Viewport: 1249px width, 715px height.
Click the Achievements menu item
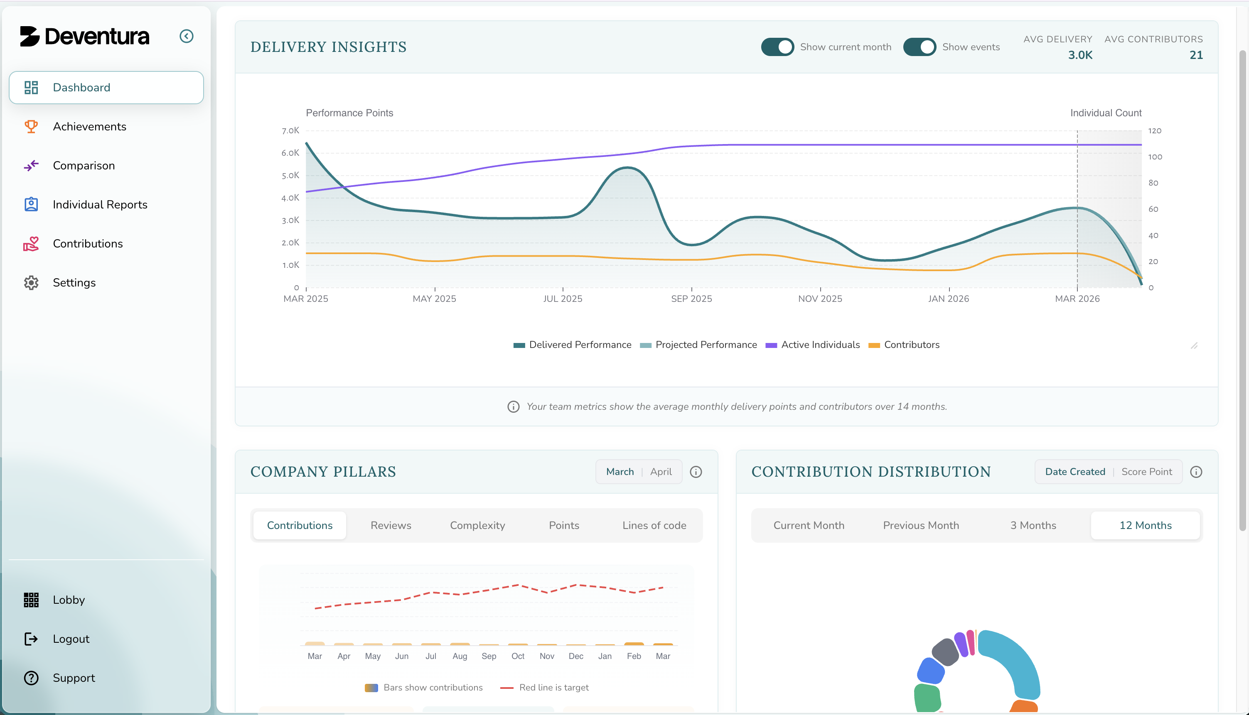(89, 127)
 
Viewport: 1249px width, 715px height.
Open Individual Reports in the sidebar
(100, 205)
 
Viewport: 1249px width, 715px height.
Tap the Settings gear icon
(31, 283)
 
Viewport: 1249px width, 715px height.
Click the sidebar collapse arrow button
(186, 37)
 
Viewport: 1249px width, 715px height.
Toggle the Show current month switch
(777, 47)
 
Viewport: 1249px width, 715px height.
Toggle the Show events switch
(920, 47)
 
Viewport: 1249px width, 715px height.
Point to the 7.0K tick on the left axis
(290, 131)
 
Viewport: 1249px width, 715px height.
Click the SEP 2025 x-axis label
(691, 299)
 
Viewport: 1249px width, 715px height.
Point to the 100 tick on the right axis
(1155, 157)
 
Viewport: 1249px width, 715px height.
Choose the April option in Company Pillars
(661, 472)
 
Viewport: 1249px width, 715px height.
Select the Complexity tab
(477, 525)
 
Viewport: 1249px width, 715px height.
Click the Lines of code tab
(654, 525)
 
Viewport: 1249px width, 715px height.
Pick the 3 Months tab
(1033, 525)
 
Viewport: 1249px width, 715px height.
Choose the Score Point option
(1146, 472)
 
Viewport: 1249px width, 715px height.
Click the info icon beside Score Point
(1196, 472)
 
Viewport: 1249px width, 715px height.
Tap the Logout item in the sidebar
(71, 639)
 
